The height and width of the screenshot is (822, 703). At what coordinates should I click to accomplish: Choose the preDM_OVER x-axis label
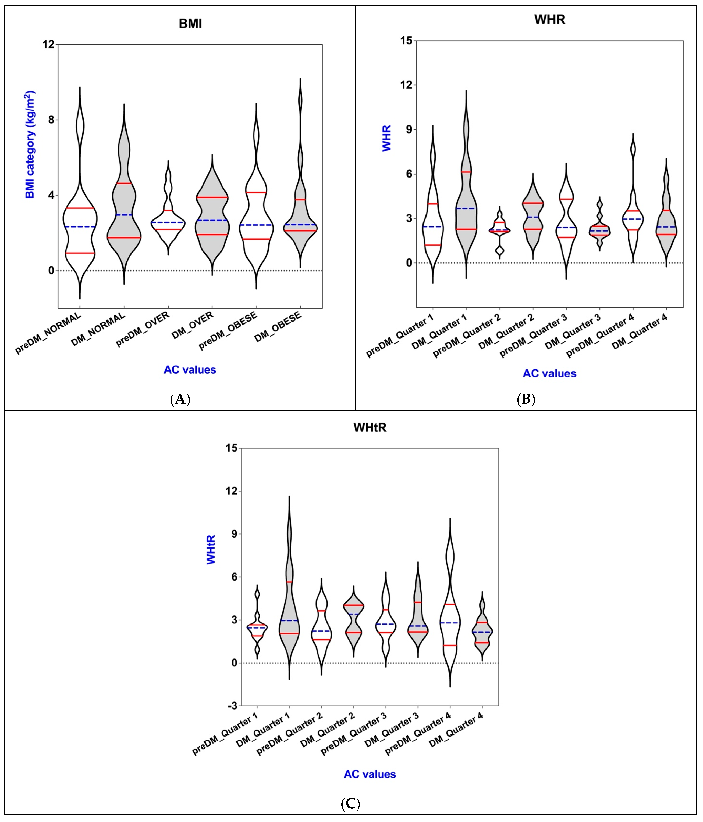click(143, 329)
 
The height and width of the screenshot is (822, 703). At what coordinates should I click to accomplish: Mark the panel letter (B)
click(526, 399)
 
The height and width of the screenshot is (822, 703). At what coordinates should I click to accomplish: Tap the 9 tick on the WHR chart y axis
click(409, 129)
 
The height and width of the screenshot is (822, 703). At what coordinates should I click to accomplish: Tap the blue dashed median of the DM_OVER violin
click(212, 220)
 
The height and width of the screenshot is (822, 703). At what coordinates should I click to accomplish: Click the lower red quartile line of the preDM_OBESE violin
click(256, 239)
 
